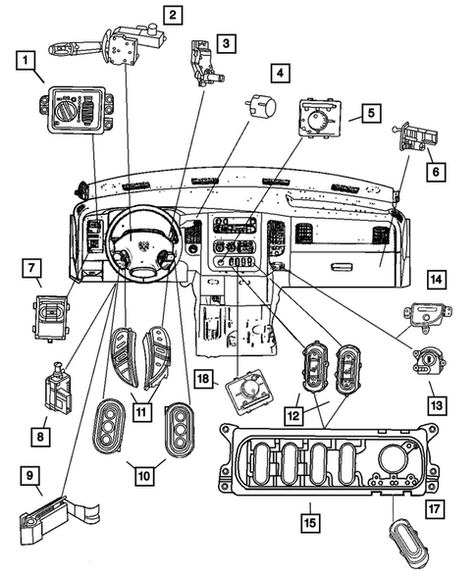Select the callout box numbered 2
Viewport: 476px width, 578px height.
pyautogui.click(x=172, y=14)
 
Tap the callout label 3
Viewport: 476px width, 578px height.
pyautogui.click(x=227, y=43)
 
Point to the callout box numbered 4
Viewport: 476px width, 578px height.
pyautogui.click(x=281, y=74)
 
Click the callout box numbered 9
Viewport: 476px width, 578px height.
pyautogui.click(x=32, y=476)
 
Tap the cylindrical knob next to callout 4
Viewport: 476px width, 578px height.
pyautogui.click(x=260, y=105)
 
